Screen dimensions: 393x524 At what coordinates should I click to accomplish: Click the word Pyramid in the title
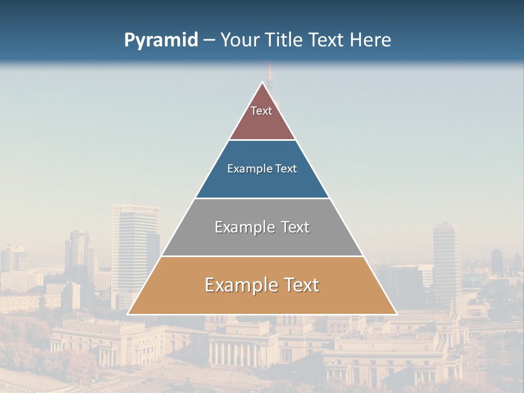tap(160, 40)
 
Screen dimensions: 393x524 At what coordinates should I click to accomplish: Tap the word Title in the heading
tap(284, 40)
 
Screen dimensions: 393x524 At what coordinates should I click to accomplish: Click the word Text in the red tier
tap(261, 111)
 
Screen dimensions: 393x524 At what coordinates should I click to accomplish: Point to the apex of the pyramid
tap(263, 82)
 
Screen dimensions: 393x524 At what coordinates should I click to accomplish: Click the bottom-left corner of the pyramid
tap(129, 314)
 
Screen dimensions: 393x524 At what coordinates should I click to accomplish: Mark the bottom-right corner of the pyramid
tap(396, 314)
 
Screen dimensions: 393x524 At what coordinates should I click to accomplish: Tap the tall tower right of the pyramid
tap(447, 257)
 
